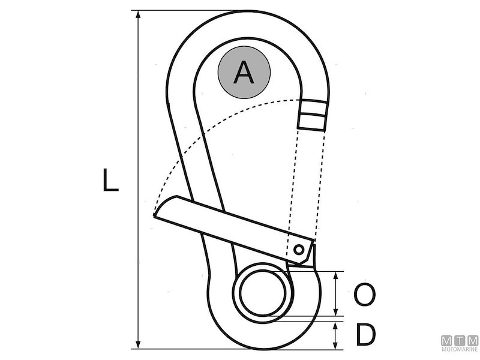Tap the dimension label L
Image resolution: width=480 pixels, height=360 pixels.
pos(110,181)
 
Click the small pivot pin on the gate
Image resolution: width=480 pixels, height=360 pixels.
pos(298,248)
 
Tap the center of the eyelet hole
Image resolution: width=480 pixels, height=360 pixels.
pos(263,294)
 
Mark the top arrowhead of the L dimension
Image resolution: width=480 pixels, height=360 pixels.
pos(139,14)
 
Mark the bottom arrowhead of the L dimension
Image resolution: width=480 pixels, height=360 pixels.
pos(139,345)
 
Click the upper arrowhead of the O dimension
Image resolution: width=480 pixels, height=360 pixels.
pos(335,275)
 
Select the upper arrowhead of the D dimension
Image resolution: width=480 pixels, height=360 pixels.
pos(335,323)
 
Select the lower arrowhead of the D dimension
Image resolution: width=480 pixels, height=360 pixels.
pos(335,345)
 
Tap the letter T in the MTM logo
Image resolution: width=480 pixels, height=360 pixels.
pos(460,340)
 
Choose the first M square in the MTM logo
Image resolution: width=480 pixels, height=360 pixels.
pos(447,340)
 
